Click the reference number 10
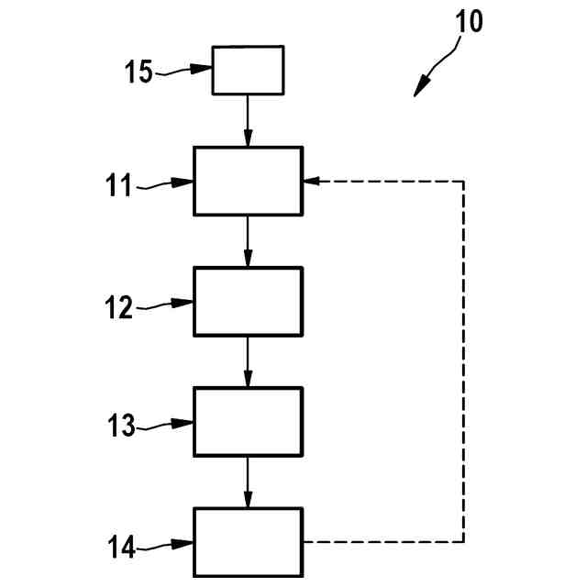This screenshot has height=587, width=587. click(x=468, y=21)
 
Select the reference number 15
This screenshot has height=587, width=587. click(x=139, y=72)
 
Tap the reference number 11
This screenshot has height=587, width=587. click(x=119, y=186)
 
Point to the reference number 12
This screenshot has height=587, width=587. click(x=120, y=306)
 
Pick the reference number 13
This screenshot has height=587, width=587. click(x=120, y=426)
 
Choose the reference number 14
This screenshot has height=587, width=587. click(x=120, y=548)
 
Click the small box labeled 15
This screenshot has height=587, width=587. click(x=248, y=70)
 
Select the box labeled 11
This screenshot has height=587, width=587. click(x=248, y=181)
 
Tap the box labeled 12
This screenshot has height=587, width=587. click(x=248, y=301)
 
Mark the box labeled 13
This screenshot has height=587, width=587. click(x=248, y=421)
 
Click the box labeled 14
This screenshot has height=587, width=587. click(x=248, y=542)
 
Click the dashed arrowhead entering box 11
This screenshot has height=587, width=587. click(x=310, y=181)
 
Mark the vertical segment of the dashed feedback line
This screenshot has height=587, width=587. click(x=463, y=361)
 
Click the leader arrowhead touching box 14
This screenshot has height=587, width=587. click(x=187, y=544)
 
